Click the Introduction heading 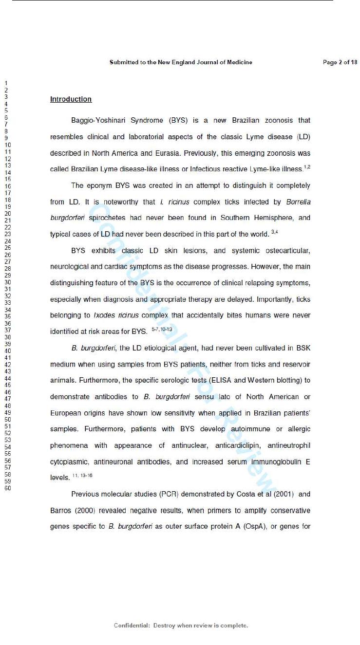tap(71, 99)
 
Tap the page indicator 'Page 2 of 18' tap(340, 62)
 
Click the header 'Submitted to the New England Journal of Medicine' tap(181, 62)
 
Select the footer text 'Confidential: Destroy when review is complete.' tap(181, 626)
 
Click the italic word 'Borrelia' tap(298, 202)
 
